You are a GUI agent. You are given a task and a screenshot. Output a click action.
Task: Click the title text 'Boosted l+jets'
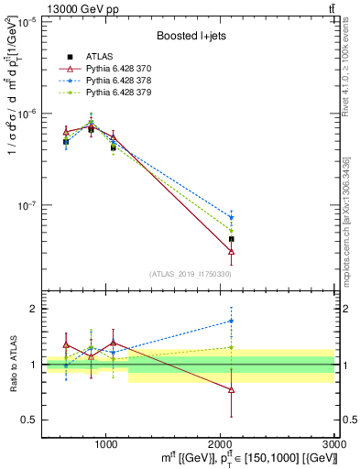191,37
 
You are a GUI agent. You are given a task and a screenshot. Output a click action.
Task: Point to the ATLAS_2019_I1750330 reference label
191,273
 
